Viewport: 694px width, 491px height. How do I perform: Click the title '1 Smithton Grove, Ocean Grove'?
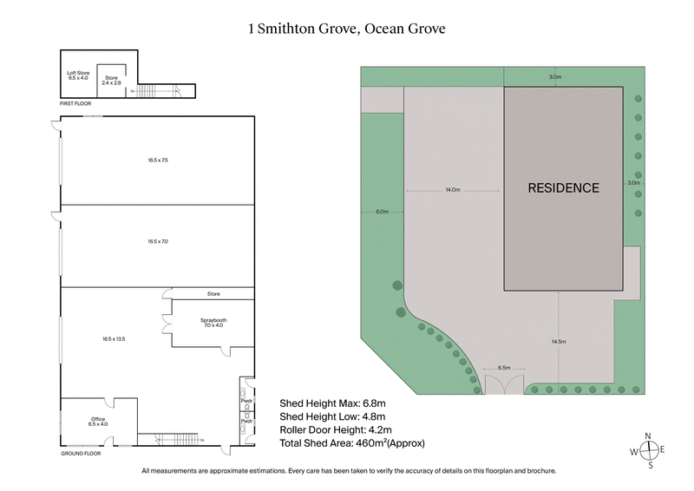[347, 29]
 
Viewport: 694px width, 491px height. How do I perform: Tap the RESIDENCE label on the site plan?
[564, 187]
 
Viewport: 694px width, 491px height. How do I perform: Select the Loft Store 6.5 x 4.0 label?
[79, 74]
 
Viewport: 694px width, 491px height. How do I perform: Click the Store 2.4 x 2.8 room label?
[111, 80]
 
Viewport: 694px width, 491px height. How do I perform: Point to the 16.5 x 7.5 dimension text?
[158, 160]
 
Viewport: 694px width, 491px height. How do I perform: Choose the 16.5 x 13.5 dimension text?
[115, 338]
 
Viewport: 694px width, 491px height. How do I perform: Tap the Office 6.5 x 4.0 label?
[98, 422]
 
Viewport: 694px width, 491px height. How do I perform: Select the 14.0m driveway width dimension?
[451, 188]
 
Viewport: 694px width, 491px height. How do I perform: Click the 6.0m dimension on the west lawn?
[383, 212]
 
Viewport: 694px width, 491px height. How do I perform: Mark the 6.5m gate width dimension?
[503, 368]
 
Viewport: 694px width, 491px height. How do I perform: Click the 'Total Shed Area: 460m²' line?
[352, 443]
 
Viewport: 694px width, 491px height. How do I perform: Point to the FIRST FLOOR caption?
[75, 102]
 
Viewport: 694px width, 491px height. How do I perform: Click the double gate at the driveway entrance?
[503, 387]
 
